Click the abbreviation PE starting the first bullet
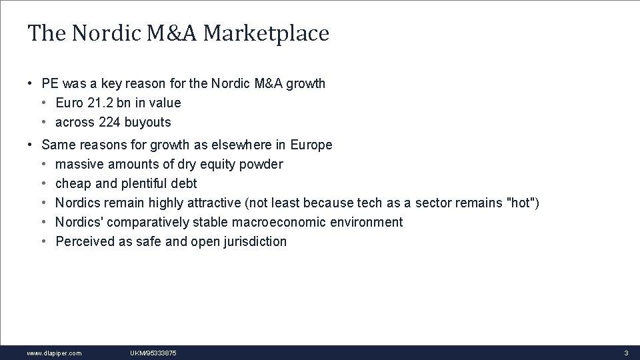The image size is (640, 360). point(50,83)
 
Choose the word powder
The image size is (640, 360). point(261,164)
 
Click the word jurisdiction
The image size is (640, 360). point(256,241)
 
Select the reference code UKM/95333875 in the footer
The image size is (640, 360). point(153,353)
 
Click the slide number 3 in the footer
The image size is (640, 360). point(626,353)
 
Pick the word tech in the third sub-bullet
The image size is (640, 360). point(369,203)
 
